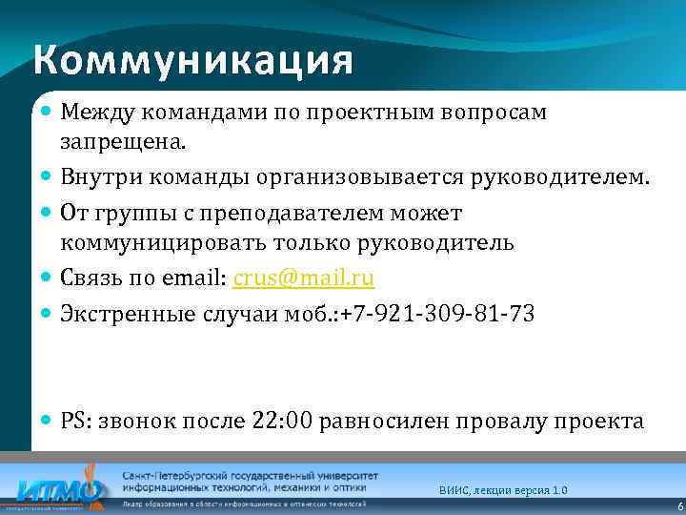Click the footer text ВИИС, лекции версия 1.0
point(503,489)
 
